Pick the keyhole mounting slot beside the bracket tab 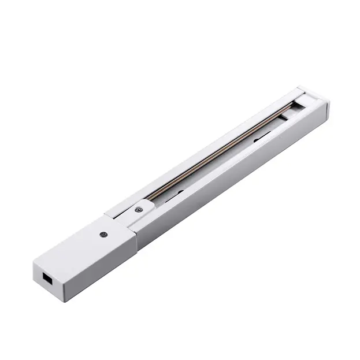pyautogui.click(x=177, y=194)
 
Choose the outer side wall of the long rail pyautogui.click(x=231, y=179)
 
